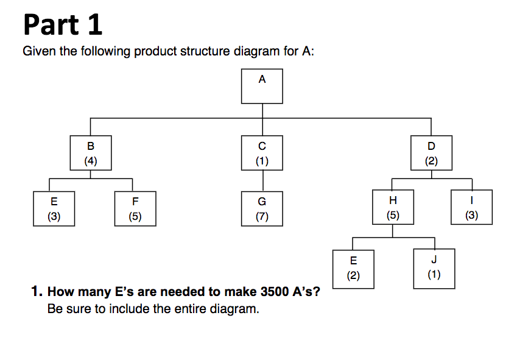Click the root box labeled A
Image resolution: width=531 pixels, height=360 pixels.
click(262, 85)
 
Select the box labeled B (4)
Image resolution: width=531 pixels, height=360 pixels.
click(91, 153)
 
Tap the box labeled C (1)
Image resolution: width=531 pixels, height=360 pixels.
click(262, 153)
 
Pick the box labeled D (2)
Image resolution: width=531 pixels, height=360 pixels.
click(432, 153)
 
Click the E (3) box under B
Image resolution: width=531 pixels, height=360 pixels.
click(54, 208)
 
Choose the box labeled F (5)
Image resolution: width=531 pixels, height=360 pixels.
click(135, 208)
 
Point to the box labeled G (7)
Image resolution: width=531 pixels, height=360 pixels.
click(262, 208)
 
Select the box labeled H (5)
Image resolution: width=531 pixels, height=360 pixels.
click(392, 208)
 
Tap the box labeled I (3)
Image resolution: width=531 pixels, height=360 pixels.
click(471, 208)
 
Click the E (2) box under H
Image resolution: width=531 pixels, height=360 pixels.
click(353, 267)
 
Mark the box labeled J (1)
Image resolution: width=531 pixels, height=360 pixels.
click(434, 267)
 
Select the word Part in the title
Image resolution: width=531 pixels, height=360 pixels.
click(50, 26)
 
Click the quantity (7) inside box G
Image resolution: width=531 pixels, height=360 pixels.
click(262, 216)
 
